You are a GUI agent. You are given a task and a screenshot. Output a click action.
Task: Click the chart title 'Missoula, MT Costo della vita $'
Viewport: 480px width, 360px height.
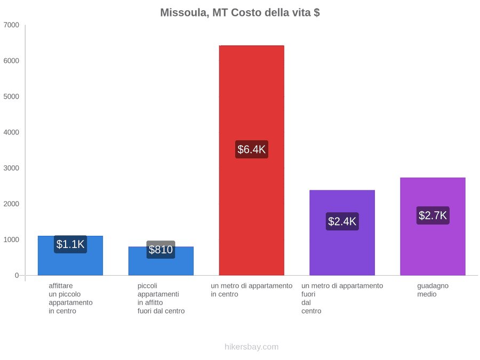(240, 13)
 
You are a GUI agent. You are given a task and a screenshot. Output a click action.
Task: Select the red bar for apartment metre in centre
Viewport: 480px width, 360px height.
(252, 161)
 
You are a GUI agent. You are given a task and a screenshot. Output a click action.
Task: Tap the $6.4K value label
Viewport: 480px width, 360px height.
(252, 149)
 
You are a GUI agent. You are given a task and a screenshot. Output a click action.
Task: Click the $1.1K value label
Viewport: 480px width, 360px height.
(70, 244)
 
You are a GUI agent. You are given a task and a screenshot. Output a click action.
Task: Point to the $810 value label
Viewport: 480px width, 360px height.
(161, 250)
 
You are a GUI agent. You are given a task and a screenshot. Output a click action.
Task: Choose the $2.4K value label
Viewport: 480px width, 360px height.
(342, 221)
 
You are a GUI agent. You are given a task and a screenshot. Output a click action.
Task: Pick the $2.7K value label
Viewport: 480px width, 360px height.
(433, 215)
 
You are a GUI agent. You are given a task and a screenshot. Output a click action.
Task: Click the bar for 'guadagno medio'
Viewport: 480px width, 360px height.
(433, 227)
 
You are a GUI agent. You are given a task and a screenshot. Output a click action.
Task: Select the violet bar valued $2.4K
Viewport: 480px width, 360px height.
(342, 233)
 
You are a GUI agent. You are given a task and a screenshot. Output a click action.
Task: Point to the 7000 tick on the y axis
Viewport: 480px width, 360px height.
(11, 25)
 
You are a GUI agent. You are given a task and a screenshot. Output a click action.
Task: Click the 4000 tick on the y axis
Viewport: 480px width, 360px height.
(11, 132)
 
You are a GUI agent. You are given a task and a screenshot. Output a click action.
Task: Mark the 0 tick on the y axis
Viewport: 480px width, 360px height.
(17, 276)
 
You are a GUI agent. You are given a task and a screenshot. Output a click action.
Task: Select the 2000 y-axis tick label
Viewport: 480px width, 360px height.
(11, 204)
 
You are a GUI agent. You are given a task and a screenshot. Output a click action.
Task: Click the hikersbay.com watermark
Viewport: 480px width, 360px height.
(252, 347)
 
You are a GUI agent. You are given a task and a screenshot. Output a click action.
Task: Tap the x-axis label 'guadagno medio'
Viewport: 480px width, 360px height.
(433, 290)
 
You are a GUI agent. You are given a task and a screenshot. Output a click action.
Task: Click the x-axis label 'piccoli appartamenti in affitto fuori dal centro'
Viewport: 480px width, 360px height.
(161, 299)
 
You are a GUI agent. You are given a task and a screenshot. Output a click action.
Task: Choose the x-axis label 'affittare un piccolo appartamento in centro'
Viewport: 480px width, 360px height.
(70, 299)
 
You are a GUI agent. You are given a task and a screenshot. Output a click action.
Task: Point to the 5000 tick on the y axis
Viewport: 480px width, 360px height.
(11, 97)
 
